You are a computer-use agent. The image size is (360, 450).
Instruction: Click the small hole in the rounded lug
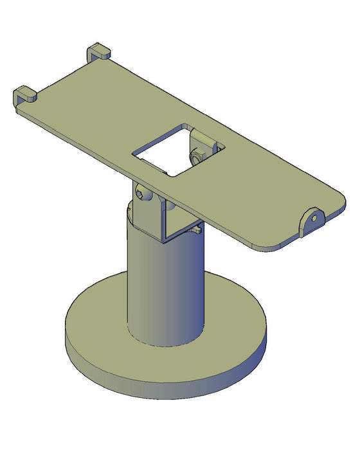pos(314,217)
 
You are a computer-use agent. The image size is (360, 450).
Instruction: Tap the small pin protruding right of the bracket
pos(197,227)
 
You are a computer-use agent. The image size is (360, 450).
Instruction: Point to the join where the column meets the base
pos(164,344)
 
